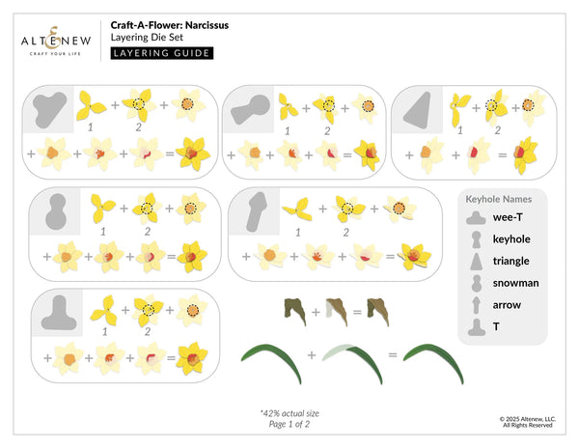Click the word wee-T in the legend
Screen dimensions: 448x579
pyautogui.click(x=510, y=217)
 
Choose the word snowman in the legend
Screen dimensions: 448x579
pyautogui.click(x=515, y=283)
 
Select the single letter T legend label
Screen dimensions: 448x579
pyautogui.click(x=496, y=327)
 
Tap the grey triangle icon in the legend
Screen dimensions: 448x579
pyautogui.click(x=476, y=261)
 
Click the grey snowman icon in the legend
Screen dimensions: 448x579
pyautogui.click(x=476, y=283)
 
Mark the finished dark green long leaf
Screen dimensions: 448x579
pyautogui.click(x=437, y=360)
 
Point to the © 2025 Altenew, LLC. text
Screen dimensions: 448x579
pyautogui.click(x=526, y=417)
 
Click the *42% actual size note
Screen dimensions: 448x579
pyautogui.click(x=289, y=413)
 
